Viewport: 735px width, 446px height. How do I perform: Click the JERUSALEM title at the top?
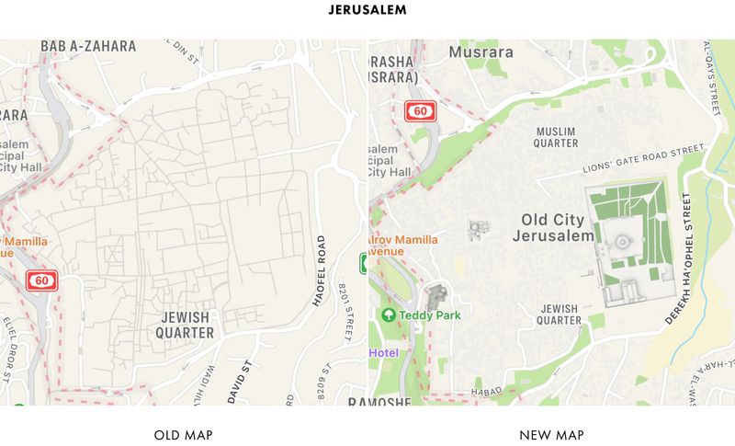coord(367,11)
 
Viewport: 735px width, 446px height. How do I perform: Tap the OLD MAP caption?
coord(184,434)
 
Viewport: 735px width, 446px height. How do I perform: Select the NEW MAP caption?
coord(551,434)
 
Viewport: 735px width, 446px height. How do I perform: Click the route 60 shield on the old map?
coord(41,280)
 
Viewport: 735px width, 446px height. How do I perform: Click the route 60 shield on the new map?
coord(420,111)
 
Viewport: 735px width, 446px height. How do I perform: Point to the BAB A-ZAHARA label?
coord(88,46)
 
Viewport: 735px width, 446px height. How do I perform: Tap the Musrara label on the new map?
coord(480,52)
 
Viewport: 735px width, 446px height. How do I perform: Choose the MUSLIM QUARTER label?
coord(557,137)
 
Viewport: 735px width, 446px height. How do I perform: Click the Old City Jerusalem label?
coord(557,228)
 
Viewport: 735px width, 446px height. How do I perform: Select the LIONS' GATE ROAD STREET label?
coord(643,160)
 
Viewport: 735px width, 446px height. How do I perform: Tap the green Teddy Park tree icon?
coord(389,314)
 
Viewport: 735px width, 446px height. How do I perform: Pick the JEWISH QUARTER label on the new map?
coord(560,314)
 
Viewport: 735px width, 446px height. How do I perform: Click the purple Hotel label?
coord(384,352)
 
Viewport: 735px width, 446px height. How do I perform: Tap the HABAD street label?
coord(489,392)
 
